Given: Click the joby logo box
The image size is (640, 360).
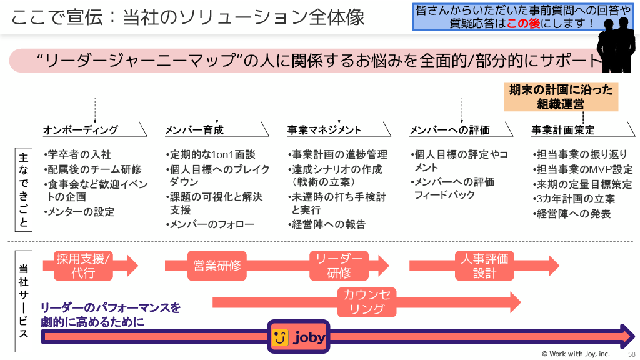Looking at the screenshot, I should pos(298,337).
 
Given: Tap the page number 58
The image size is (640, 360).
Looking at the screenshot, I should pos(631,354).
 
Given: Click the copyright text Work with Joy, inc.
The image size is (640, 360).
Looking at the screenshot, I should pos(575,354).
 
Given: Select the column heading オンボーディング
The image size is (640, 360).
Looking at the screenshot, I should pos(80,130).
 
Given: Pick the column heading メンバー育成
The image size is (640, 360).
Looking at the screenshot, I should pos(194,130).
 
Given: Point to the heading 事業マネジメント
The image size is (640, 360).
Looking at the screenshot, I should pos(324,130).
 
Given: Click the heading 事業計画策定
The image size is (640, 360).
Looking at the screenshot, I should pos(563,130).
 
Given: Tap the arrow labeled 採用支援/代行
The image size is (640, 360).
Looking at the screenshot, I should pos(84,266).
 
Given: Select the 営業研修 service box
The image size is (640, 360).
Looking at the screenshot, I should pos(217,266).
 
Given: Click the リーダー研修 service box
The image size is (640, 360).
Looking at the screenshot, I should pos(339,266).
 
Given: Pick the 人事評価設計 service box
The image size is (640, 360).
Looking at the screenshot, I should pos(484,266).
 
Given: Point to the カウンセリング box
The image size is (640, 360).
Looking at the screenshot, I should pos(367,302).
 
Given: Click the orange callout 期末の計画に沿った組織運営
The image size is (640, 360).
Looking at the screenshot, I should pos(561,97).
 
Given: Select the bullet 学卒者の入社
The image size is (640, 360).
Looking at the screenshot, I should pos(79,154).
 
